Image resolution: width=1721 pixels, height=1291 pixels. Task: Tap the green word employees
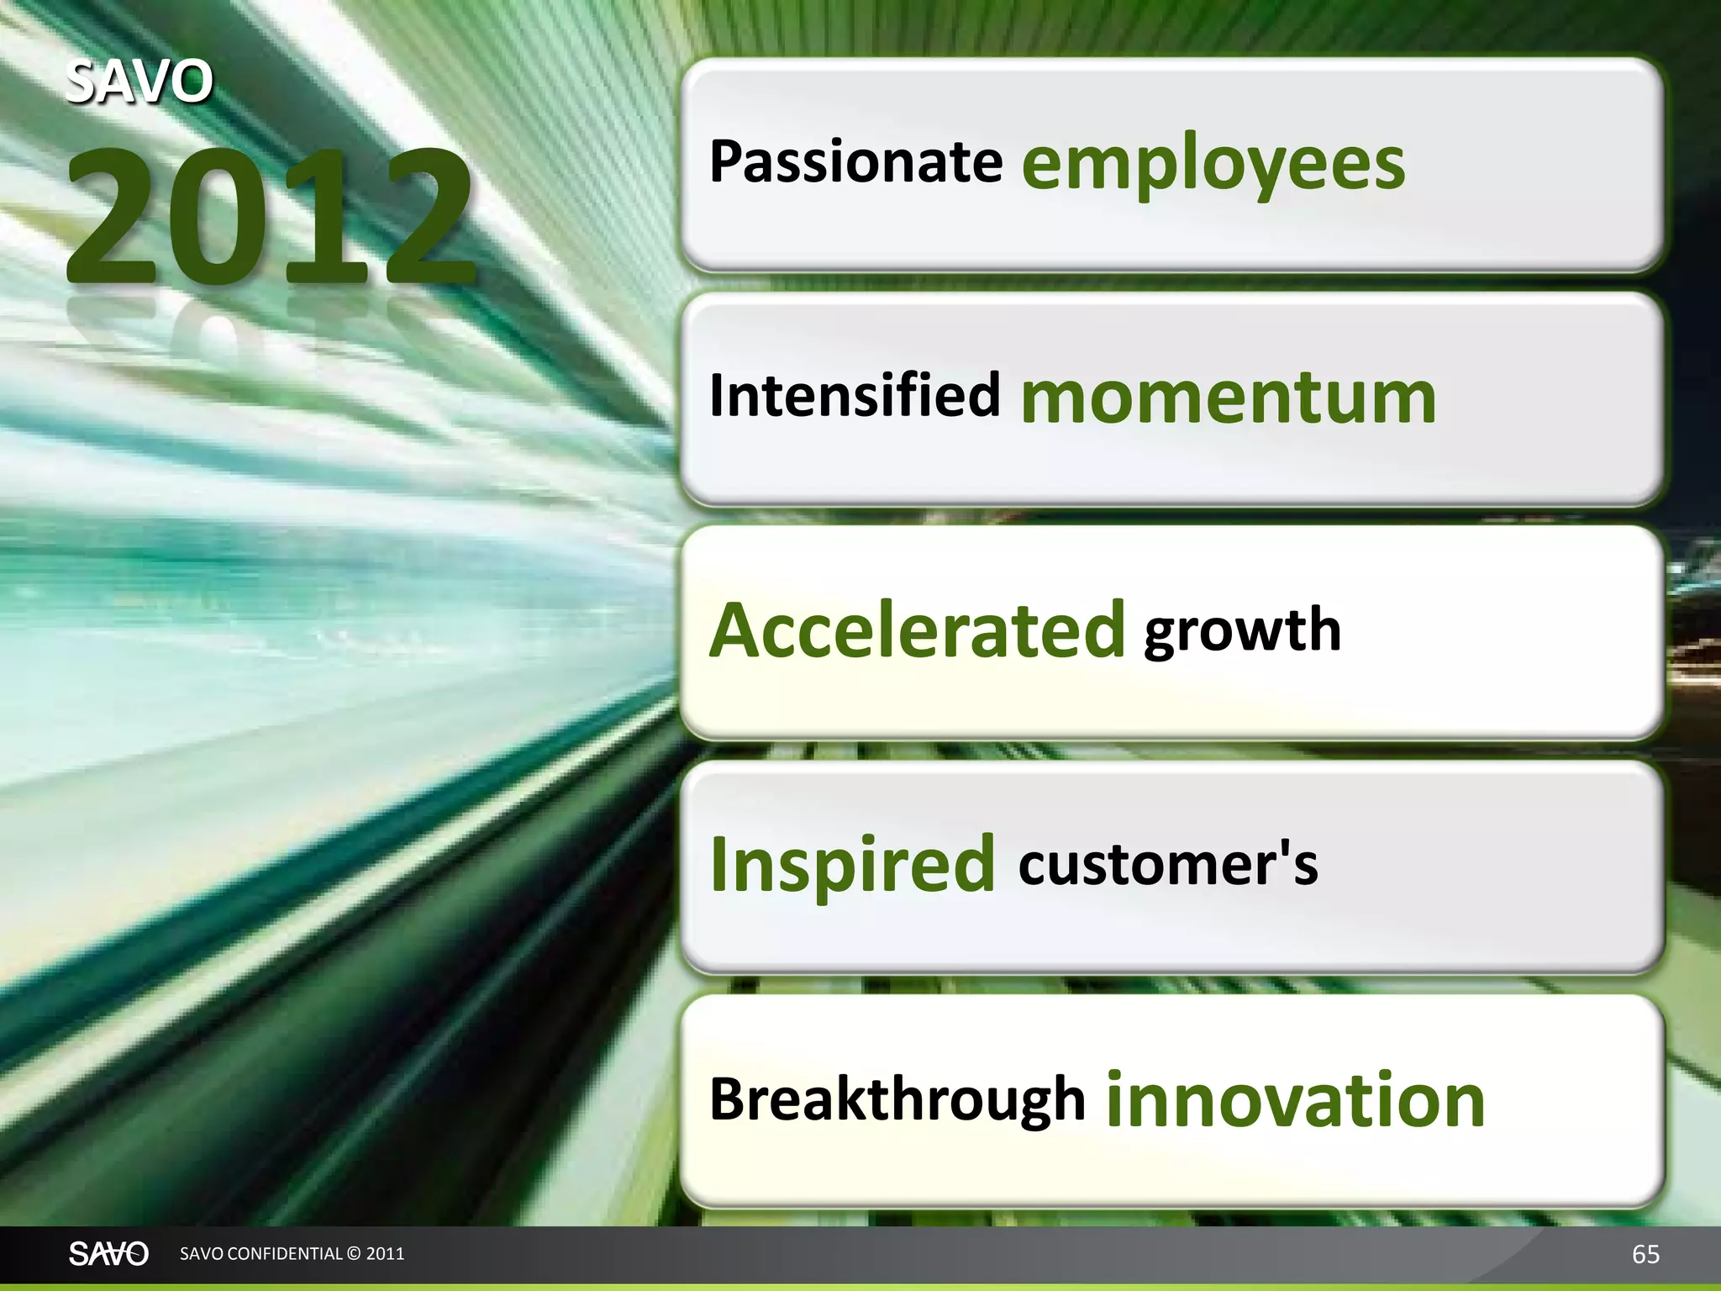(x=1213, y=166)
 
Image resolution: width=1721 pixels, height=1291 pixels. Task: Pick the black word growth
(x=1242, y=632)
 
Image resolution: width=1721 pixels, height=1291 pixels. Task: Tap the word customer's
(x=1167, y=865)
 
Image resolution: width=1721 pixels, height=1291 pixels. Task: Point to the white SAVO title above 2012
(x=139, y=82)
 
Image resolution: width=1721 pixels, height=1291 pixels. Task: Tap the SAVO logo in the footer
(x=108, y=1253)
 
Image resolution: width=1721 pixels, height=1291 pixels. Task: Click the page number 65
(x=1645, y=1254)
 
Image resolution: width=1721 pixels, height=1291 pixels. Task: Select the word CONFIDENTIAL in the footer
(x=285, y=1253)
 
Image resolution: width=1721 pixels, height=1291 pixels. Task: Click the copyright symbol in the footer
(x=354, y=1253)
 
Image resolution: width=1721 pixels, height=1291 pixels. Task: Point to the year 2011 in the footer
(x=386, y=1253)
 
